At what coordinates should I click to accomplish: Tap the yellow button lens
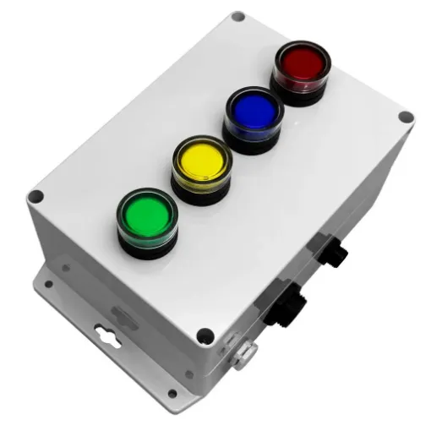coord(202,161)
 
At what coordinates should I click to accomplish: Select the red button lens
coord(301,62)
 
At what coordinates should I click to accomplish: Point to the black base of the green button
coord(149,247)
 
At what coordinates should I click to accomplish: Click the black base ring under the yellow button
coord(199,197)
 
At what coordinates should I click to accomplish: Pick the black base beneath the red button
coord(298,95)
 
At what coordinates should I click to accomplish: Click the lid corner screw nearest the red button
coord(238,16)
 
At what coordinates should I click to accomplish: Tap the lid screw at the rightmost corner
coord(406,117)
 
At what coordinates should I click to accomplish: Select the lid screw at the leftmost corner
coord(35,197)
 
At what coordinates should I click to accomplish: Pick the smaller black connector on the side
coord(331,252)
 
